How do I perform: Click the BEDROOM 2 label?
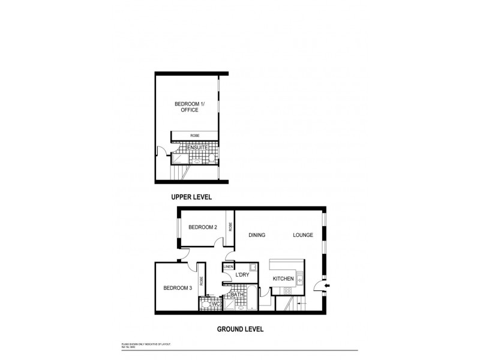click(202, 227)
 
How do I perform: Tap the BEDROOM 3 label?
click(177, 289)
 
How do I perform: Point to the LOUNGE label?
click(303, 235)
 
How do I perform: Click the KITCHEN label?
click(283, 279)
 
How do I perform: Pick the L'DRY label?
click(242, 275)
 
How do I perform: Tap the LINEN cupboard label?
click(229, 266)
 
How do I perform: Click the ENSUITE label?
click(197, 148)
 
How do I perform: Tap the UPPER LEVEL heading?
click(192, 197)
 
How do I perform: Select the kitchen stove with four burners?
click(287, 291)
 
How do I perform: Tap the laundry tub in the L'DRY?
click(254, 267)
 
